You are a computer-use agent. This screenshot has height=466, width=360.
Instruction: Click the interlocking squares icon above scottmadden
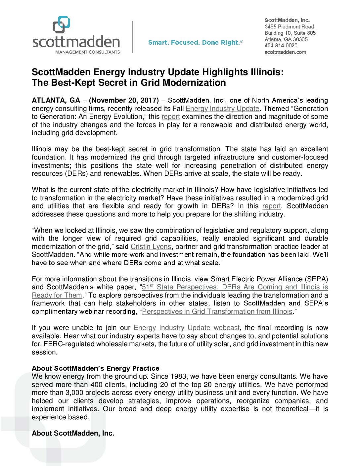(62, 24)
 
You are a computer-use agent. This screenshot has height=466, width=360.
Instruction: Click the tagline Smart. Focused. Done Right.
(195, 42)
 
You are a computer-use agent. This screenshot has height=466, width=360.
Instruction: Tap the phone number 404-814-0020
(281, 46)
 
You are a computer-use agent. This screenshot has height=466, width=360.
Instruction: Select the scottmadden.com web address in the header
(285, 52)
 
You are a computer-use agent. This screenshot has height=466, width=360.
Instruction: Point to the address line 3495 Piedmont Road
(289, 26)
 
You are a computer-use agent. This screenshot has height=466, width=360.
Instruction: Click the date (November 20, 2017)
(124, 100)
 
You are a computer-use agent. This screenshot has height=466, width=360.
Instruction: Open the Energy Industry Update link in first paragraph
(222, 109)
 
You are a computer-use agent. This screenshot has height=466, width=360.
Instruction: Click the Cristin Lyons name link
(151, 247)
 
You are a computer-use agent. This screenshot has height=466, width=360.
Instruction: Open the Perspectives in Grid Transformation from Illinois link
(217, 311)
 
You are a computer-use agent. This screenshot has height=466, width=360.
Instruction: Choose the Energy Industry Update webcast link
(187, 328)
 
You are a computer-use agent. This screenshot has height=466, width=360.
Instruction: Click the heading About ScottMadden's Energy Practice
(95, 368)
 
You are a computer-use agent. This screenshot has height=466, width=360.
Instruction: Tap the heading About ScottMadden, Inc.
(73, 433)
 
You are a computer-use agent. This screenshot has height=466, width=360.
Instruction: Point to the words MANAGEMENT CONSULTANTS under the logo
(88, 52)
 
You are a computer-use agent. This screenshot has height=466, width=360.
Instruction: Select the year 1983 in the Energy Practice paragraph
(178, 376)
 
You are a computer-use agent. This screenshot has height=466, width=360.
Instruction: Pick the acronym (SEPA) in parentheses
(317, 279)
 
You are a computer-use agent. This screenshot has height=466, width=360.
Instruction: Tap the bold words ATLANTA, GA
(56, 100)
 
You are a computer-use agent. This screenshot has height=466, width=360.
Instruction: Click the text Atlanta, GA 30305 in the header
(286, 39)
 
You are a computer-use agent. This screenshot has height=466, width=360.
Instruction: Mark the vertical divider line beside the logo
(132, 37)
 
